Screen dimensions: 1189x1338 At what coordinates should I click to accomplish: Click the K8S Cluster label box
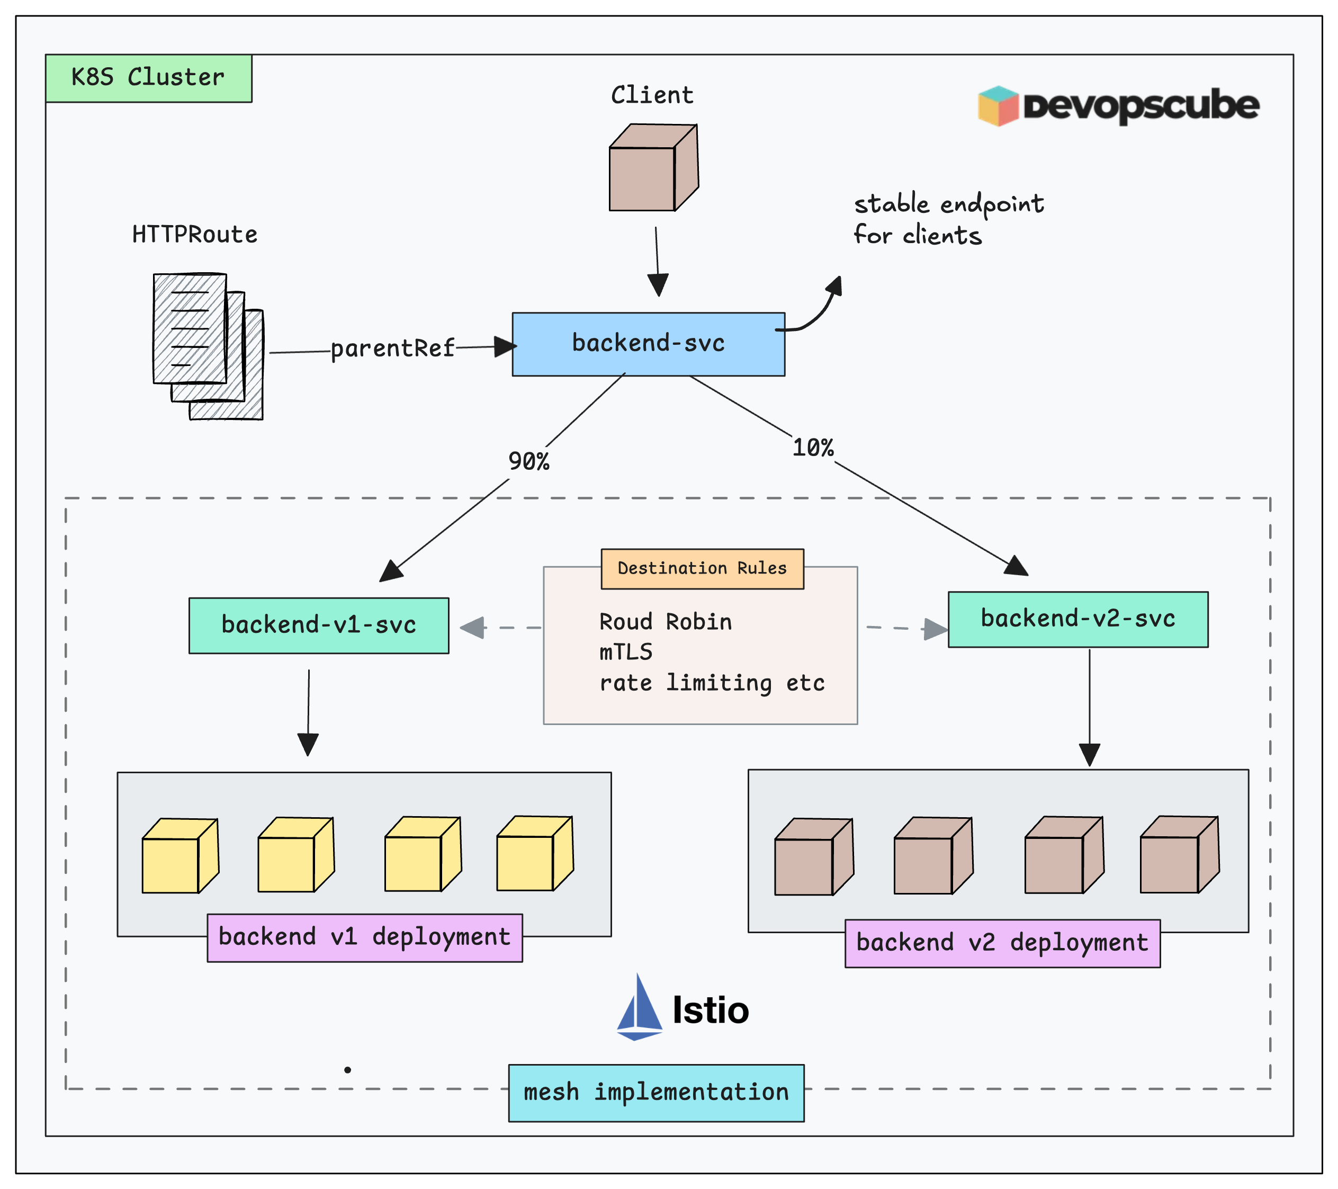(149, 78)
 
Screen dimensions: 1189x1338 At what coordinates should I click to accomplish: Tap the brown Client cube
(653, 168)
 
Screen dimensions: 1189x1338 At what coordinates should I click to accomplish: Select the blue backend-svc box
(648, 344)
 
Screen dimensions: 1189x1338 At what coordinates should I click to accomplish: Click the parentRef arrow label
(392, 348)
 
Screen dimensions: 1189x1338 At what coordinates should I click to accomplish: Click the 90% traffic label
(528, 462)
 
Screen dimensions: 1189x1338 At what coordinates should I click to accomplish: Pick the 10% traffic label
(812, 448)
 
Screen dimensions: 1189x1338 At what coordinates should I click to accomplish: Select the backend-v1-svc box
(319, 625)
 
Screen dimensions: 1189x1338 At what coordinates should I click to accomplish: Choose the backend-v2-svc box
(1077, 619)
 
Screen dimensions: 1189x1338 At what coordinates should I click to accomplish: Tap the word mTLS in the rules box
(626, 652)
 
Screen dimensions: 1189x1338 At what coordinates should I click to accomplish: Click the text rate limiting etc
(712, 683)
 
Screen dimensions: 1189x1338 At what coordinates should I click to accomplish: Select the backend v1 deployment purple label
(365, 937)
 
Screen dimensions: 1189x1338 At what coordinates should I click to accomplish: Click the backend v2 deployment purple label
(1002, 943)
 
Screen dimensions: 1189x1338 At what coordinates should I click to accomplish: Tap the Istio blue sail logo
(639, 1008)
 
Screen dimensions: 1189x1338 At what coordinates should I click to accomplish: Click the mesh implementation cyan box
(656, 1092)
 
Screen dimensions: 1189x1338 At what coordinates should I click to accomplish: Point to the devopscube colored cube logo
(998, 106)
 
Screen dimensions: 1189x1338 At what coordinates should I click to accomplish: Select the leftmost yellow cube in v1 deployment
(179, 856)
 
